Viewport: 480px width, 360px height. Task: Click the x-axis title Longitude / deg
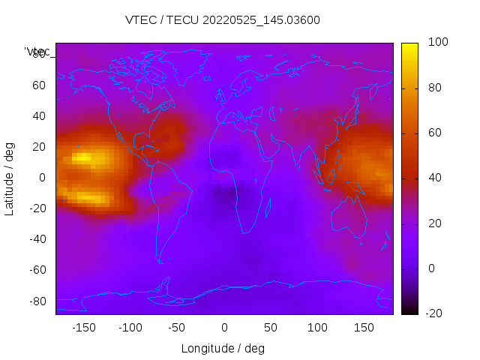click(x=223, y=348)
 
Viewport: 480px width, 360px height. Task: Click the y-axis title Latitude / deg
click(x=10, y=177)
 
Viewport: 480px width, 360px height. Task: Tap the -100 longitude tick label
click(x=130, y=328)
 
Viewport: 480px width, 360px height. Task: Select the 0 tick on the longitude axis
click(x=223, y=328)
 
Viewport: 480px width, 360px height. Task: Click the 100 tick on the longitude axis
click(x=317, y=328)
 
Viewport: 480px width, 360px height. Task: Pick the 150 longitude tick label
click(x=364, y=328)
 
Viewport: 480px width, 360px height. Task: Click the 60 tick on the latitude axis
click(x=40, y=85)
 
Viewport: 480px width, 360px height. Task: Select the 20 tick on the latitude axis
click(x=40, y=147)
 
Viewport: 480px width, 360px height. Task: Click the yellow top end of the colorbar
click(x=409, y=46)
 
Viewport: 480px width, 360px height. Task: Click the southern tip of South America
click(x=159, y=261)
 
